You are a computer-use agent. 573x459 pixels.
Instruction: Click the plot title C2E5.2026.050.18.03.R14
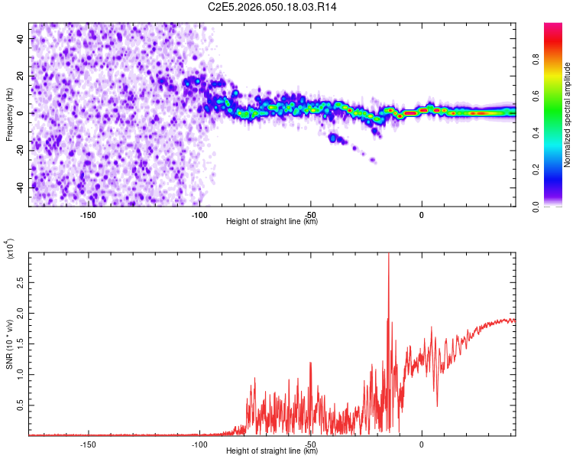pos(272,7)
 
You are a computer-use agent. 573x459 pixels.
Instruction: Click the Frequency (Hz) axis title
pos(9,113)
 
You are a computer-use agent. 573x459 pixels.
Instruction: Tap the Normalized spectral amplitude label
pos(568,115)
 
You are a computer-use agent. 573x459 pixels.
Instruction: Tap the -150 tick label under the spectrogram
pos(87,215)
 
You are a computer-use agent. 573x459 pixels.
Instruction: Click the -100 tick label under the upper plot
pos(199,215)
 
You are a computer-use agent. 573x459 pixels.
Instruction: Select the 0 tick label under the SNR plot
pos(422,444)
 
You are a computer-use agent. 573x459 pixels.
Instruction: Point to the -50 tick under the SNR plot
pos(310,444)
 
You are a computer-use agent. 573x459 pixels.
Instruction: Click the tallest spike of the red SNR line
pos(389,254)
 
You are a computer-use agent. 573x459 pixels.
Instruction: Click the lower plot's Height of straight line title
pos(272,451)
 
